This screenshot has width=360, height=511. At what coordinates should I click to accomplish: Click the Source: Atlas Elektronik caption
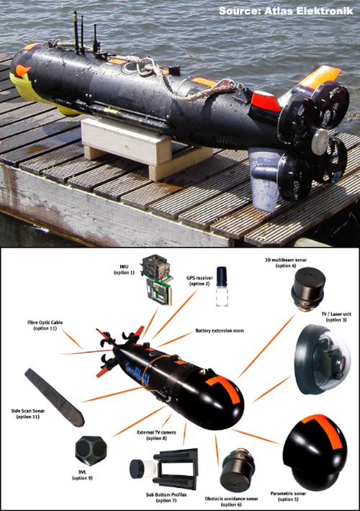285,12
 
